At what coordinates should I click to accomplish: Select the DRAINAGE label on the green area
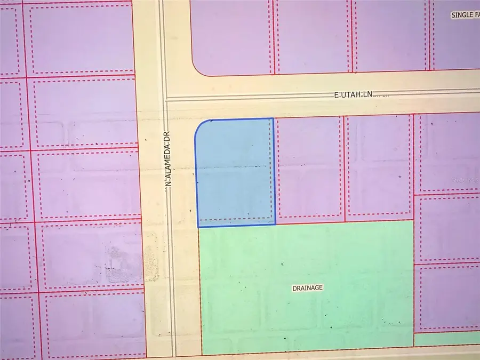click(308, 288)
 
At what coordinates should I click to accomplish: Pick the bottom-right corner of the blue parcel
click(275, 224)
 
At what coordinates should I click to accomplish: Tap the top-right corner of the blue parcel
click(273, 119)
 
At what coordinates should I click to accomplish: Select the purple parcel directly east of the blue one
click(309, 168)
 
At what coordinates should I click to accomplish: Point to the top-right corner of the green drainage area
click(413, 220)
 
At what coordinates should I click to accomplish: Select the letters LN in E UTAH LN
click(366, 94)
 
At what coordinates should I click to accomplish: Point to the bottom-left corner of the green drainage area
click(202, 354)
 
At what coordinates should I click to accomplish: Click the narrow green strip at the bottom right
click(447, 338)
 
